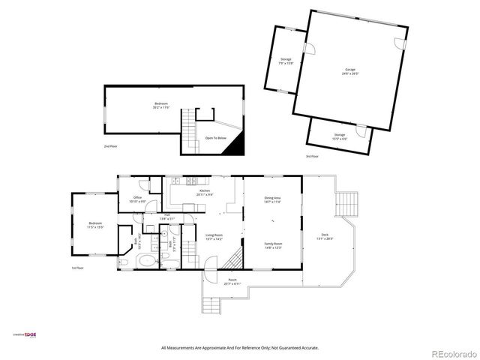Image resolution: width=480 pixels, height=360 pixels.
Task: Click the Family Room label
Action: pyautogui.click(x=272, y=245)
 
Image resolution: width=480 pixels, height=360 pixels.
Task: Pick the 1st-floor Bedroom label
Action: pyautogui.click(x=95, y=224)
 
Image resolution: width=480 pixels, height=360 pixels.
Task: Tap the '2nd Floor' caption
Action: pyautogui.click(x=110, y=146)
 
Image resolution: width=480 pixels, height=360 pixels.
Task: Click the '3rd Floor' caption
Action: pyautogui.click(x=311, y=156)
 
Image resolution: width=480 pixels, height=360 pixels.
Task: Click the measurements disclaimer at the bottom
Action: pyautogui.click(x=239, y=348)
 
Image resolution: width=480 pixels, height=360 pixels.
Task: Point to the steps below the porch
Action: pyautogui.click(x=212, y=304)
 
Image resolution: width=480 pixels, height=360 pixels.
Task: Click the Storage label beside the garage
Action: pyautogui.click(x=286, y=60)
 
